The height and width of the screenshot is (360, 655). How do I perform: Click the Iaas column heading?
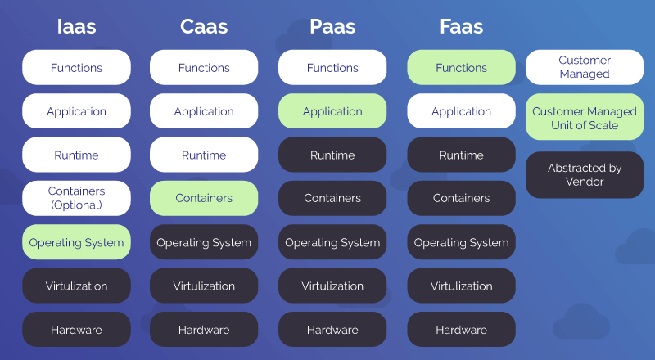76,27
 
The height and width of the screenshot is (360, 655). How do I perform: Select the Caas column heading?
204,27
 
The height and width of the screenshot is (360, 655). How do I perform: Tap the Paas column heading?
332,27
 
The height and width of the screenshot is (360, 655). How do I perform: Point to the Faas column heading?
461,27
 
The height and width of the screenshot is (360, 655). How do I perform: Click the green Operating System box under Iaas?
76,242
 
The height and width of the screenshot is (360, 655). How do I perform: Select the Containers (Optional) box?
76,198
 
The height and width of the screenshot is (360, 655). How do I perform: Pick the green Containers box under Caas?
204,198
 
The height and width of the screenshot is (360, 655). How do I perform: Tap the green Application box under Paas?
332,111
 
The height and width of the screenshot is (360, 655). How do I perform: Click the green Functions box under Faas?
461,68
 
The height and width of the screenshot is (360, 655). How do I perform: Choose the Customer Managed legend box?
585,67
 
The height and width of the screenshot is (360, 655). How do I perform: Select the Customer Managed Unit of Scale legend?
585,119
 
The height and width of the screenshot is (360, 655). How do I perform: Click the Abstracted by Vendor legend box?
585,174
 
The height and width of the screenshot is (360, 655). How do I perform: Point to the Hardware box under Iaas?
76,330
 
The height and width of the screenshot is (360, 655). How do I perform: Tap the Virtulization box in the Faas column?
461,286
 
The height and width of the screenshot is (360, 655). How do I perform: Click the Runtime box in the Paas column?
332,155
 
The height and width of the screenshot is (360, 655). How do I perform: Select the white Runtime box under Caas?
204,155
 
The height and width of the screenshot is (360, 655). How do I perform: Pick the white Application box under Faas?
461,111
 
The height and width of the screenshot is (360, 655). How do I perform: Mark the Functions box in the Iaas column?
76,68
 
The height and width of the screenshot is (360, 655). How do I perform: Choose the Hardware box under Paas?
332,330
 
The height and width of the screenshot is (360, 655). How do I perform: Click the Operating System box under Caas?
204,242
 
